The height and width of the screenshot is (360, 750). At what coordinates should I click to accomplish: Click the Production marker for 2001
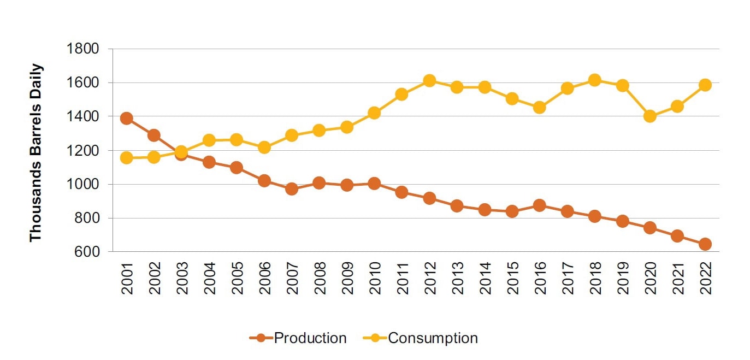(x=127, y=119)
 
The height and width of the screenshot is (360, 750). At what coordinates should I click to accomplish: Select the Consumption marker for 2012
(x=429, y=81)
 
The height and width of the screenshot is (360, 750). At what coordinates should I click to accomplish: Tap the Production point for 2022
(x=705, y=244)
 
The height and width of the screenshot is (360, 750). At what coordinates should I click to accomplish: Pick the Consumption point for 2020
(x=650, y=116)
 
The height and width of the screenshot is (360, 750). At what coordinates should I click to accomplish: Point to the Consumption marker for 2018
(x=595, y=80)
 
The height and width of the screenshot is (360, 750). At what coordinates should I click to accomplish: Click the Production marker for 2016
(x=540, y=205)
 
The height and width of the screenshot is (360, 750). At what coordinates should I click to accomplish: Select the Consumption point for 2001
(x=127, y=158)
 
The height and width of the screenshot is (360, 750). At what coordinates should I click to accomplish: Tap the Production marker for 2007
(x=292, y=189)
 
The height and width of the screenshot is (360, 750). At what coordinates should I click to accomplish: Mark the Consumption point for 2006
(x=264, y=147)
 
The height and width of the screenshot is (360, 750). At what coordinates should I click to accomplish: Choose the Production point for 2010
(x=374, y=184)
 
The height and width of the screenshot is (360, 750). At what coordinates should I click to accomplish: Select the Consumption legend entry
(x=421, y=338)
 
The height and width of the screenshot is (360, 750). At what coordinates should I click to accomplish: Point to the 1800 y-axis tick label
(x=82, y=49)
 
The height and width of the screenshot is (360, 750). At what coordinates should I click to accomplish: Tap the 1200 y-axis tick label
(x=82, y=150)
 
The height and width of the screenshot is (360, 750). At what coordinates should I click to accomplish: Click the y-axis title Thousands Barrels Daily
(x=36, y=153)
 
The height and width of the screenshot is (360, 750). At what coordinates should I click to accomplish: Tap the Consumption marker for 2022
(x=705, y=85)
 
